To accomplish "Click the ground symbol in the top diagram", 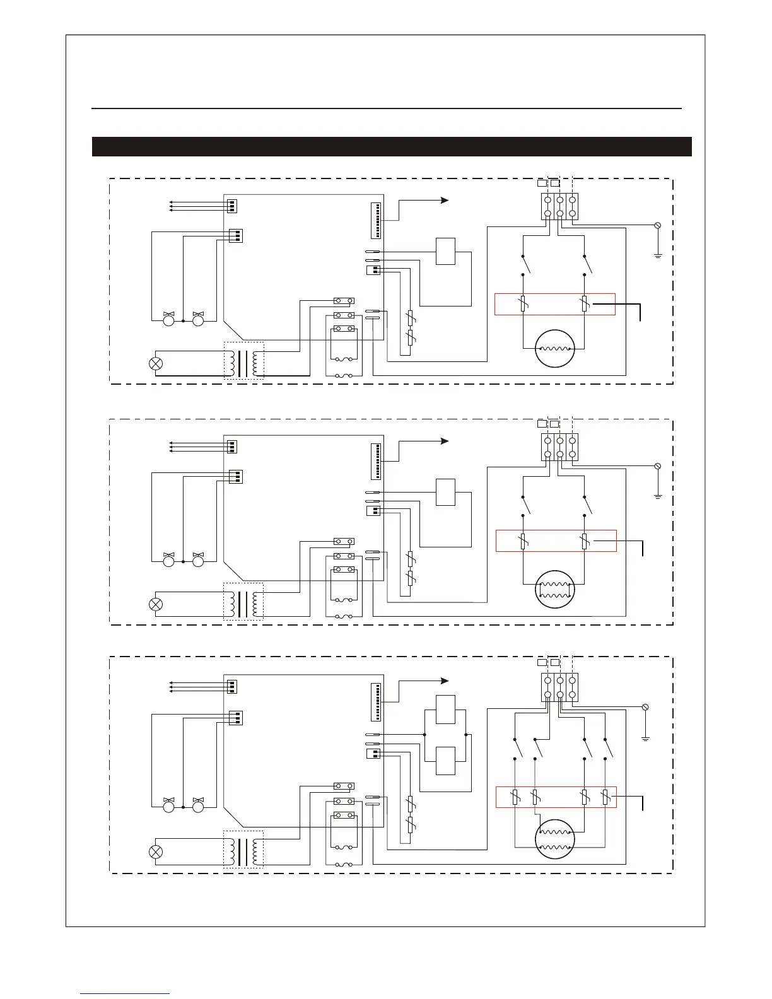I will (658, 255).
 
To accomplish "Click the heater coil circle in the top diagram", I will (555, 348).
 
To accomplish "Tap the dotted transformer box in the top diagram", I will (243, 361).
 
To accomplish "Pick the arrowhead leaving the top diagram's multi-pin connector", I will (445, 201).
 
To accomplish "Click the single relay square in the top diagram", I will (445, 252).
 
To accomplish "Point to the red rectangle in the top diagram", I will (555, 304).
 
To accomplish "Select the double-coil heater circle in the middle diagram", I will (555, 590).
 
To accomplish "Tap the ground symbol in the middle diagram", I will (658, 496).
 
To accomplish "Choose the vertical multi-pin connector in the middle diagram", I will (376, 462).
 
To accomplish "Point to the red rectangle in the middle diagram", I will (556, 541).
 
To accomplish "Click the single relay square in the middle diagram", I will (445, 492).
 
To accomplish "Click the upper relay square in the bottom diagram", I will (445, 710).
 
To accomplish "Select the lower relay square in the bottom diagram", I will (445, 761).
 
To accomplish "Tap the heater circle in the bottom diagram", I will (555, 839).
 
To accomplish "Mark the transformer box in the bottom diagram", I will (243, 850).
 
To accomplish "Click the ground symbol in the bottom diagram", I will (645, 737).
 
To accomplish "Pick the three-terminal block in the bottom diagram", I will (560, 687).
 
